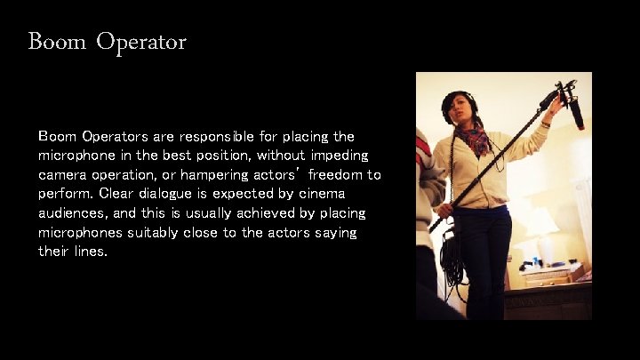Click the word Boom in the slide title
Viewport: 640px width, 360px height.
click(56, 41)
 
